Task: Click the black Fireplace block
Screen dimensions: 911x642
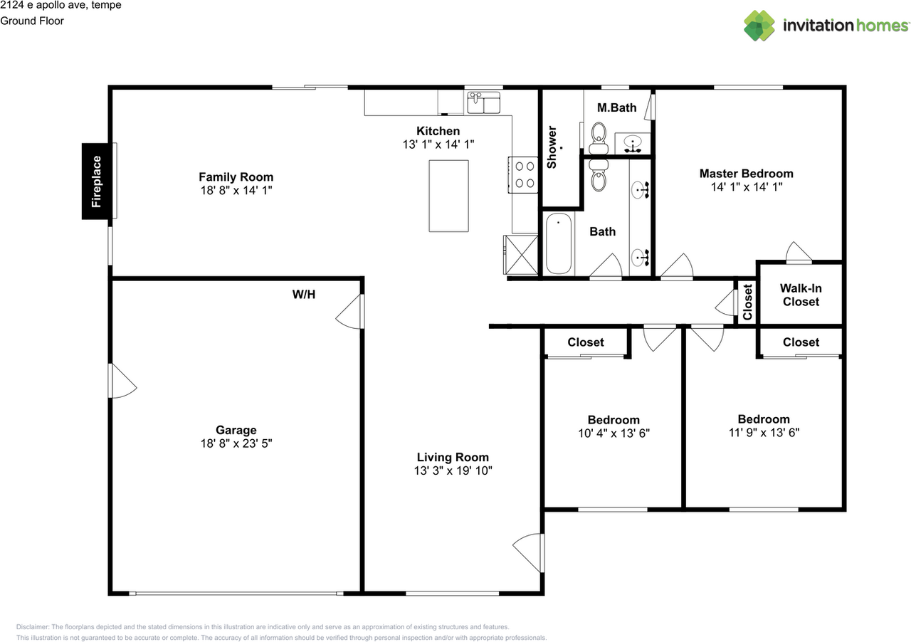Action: point(95,181)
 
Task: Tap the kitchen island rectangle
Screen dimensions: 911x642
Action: point(448,196)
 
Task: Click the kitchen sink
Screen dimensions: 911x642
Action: point(483,102)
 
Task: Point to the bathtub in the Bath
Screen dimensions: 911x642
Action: point(559,243)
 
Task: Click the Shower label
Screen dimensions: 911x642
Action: point(552,147)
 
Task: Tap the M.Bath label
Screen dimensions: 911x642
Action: point(616,107)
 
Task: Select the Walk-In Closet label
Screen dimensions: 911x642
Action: point(801,295)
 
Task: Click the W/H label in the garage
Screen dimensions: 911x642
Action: point(304,294)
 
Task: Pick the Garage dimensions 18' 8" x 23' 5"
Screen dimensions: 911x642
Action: point(236,443)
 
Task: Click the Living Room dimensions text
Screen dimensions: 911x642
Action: point(453,470)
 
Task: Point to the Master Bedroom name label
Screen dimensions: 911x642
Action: point(747,174)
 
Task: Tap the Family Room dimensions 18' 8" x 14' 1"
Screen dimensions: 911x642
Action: point(236,190)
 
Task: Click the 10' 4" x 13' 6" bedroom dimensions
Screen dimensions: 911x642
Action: point(614,433)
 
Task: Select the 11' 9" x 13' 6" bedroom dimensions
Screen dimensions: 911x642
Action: point(764,432)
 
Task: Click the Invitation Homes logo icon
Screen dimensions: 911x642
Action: point(759,26)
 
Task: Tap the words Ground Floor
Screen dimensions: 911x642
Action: point(32,21)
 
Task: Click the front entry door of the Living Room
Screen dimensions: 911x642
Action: point(529,553)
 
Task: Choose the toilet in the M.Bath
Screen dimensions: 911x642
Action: point(599,138)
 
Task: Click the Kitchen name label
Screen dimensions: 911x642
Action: point(438,131)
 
